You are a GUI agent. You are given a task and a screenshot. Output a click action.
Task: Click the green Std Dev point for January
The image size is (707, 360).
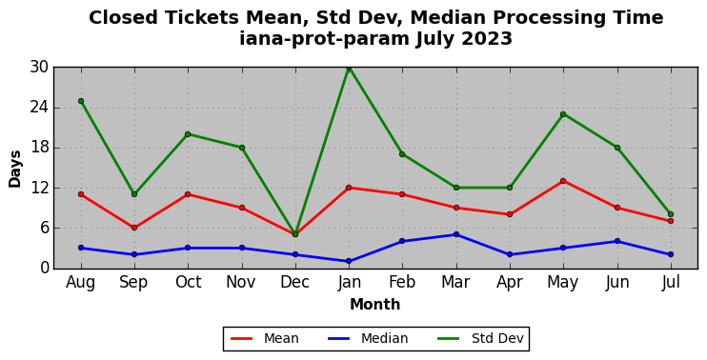click(349, 68)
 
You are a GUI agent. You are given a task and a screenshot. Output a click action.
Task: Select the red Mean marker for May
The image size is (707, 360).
click(563, 181)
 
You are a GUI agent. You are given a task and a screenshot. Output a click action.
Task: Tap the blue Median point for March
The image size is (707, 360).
click(456, 234)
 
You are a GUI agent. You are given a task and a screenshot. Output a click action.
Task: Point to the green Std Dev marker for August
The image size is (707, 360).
click(81, 101)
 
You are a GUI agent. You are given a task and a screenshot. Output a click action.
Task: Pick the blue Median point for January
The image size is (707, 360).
click(349, 261)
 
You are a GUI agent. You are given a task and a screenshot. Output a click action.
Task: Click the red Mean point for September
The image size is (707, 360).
click(134, 228)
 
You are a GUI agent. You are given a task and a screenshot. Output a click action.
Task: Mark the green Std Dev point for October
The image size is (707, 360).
click(188, 134)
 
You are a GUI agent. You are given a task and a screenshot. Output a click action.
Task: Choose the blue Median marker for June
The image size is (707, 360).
click(617, 241)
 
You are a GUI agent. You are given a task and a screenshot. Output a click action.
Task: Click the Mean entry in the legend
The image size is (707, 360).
click(265, 338)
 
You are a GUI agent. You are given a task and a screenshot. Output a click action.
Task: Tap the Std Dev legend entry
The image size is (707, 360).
click(480, 338)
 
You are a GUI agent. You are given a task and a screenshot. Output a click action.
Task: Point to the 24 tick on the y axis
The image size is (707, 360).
click(39, 108)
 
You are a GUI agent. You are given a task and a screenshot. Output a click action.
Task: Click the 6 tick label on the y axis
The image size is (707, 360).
click(44, 228)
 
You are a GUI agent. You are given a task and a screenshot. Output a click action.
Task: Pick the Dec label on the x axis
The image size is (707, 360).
click(294, 282)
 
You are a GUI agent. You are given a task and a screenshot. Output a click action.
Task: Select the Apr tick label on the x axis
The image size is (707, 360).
click(510, 283)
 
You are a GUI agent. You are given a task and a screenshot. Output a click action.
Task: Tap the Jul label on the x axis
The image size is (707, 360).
click(671, 282)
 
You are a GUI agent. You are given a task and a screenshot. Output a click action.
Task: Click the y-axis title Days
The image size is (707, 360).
click(15, 169)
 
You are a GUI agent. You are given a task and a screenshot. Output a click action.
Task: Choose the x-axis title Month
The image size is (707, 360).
click(375, 305)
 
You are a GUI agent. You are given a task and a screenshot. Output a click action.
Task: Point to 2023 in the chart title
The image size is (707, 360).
click(487, 39)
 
